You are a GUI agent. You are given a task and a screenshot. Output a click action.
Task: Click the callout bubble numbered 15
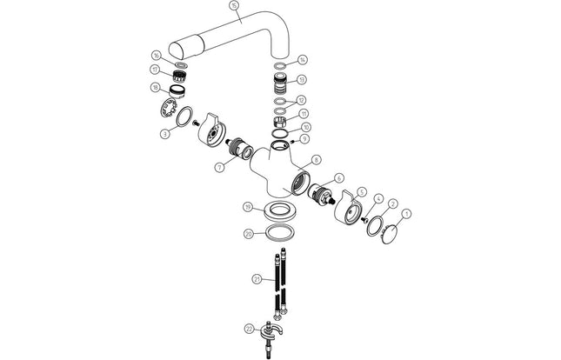pyautogui.click(x=233, y=5)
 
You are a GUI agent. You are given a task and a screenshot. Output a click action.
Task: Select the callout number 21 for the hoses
pyautogui.click(x=256, y=280)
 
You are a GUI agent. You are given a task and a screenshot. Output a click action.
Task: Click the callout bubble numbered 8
pyautogui.click(x=317, y=159)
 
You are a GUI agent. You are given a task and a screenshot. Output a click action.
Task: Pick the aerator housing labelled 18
pyautogui.click(x=177, y=90)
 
